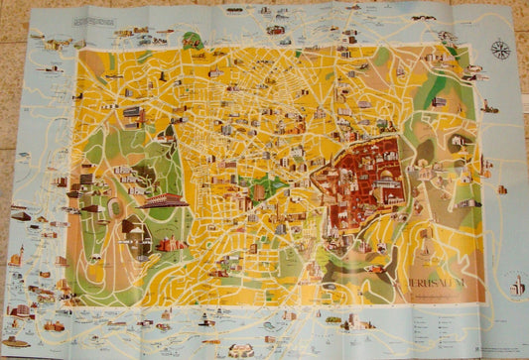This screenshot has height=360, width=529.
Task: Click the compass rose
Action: coord(500,49)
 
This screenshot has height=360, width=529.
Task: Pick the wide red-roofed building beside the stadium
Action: coord(171,244)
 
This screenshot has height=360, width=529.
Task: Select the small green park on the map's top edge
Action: coord(192,41)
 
